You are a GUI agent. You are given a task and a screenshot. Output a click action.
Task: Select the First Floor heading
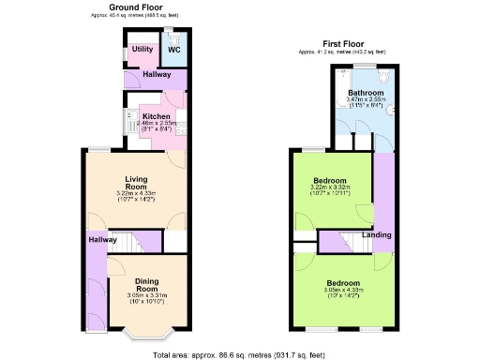[344, 43]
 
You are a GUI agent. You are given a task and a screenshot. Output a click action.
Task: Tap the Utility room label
[142, 50]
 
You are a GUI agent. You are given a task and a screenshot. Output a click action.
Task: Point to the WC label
[173, 50]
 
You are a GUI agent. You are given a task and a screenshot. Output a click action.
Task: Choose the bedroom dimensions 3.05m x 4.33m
[343, 291]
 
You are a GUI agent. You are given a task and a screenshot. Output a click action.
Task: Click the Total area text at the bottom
[240, 353]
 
